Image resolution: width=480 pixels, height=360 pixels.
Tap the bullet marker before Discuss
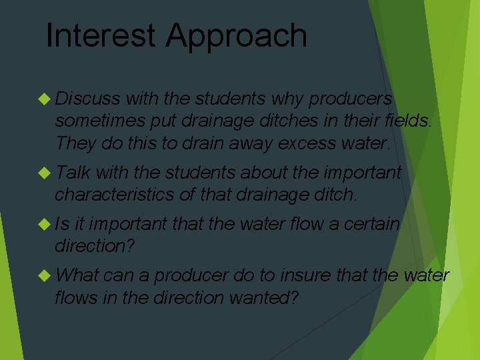click(45, 99)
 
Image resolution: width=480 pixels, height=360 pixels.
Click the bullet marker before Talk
click(45, 173)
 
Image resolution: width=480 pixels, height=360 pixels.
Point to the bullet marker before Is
click(45, 225)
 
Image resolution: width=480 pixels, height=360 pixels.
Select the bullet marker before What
click(45, 275)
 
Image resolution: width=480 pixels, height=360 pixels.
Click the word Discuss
click(87, 99)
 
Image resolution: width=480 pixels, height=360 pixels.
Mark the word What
click(77, 275)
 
